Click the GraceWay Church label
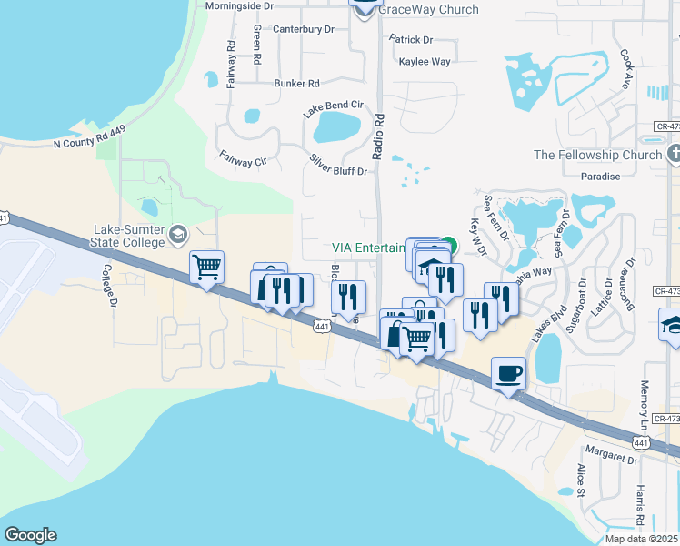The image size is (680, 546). [x=428, y=10]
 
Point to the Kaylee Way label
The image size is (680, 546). [x=425, y=62]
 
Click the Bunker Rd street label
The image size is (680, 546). [x=296, y=84]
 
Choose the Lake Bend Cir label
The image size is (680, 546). [x=334, y=107]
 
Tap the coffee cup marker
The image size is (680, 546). [x=508, y=373]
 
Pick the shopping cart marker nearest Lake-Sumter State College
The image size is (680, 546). [x=207, y=268]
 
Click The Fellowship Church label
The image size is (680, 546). [x=597, y=155]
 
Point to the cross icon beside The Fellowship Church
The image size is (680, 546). [x=674, y=154]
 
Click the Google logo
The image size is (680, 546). [x=30, y=535]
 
